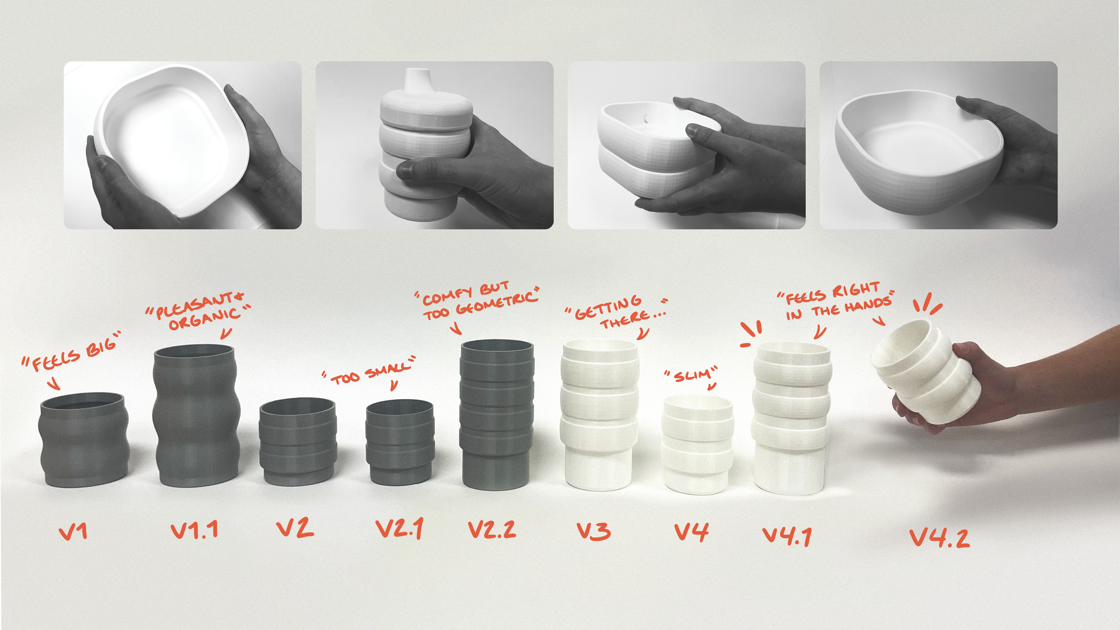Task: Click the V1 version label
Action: [73, 532]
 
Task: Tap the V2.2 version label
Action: [492, 530]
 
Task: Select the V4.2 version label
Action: [939, 538]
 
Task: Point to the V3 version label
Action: [594, 531]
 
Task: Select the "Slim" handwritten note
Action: [691, 374]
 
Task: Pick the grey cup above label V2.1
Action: [400, 442]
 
